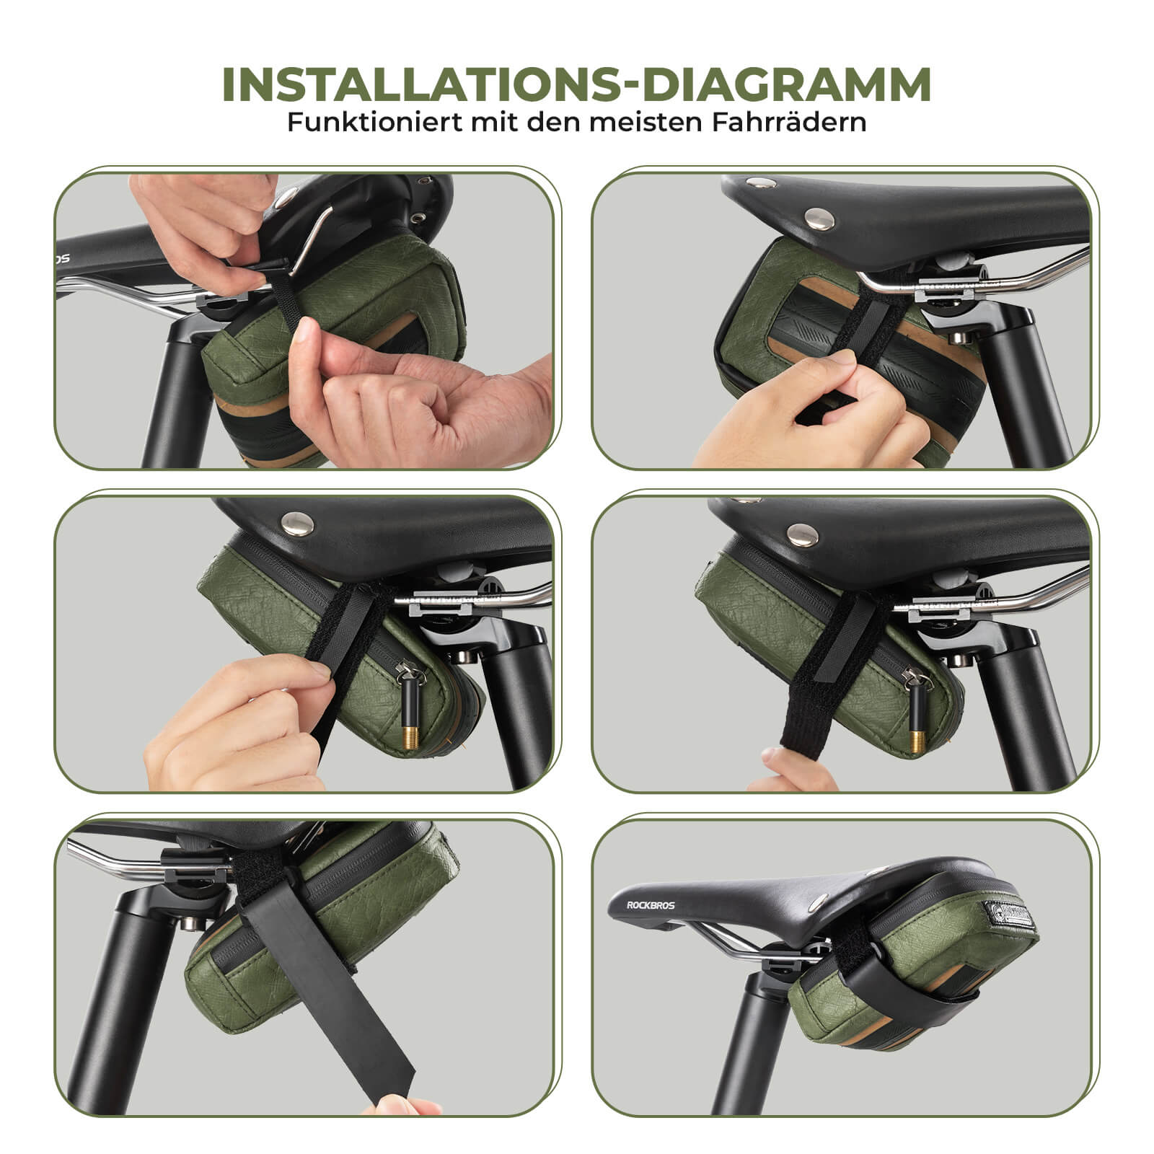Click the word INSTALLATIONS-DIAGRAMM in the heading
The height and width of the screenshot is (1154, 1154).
[x=576, y=85]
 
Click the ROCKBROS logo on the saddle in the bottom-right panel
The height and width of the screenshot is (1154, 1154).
[x=651, y=904]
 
